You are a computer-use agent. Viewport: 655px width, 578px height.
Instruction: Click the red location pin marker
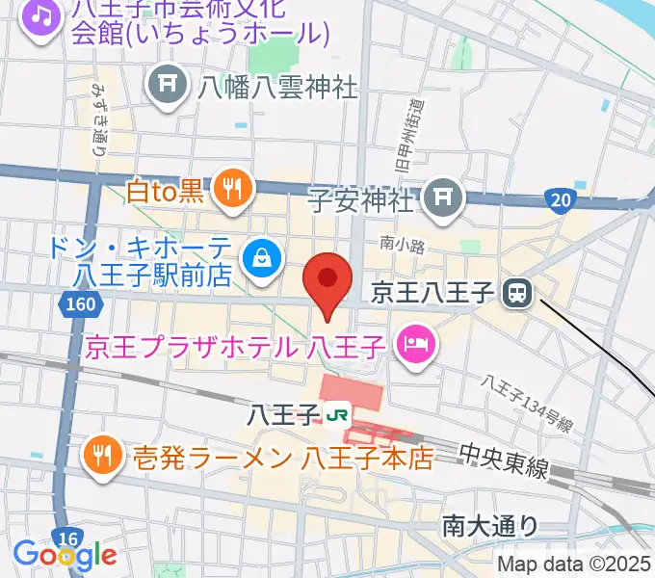point(327,280)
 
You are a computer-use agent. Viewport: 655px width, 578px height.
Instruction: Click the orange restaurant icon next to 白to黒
point(232,188)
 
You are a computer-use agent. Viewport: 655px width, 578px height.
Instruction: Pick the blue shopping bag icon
point(261,256)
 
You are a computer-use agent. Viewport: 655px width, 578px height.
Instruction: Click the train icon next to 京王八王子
point(520,292)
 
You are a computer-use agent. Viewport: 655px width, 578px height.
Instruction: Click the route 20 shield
point(559,200)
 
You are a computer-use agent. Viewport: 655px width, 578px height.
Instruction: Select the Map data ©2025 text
point(574,564)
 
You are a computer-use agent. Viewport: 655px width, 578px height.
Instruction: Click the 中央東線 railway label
point(504,460)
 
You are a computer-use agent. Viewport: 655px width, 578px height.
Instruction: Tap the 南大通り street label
point(489,525)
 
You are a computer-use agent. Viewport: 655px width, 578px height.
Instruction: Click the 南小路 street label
point(402,245)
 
